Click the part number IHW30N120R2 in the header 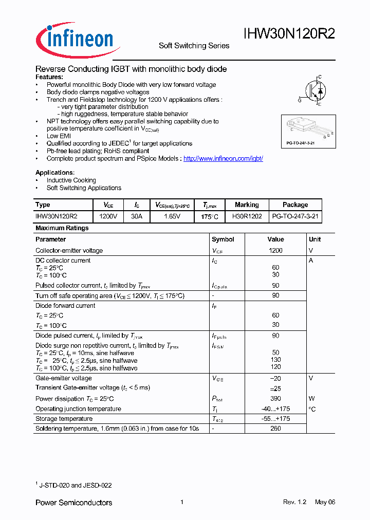coord(289,34)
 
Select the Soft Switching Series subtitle coord(194,46)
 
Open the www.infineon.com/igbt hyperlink coord(223,159)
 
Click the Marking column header coord(247,205)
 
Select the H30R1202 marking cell coord(247,217)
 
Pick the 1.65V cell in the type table coord(172,217)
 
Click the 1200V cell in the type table coord(108,217)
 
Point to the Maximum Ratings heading coord(62,228)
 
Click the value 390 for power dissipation coord(275,399)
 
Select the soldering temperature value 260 coord(275,429)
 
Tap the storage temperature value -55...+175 coord(275,419)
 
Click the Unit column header coord(315,239)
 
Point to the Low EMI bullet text coord(59,136)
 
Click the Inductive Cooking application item coord(71,180)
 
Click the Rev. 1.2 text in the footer coord(294,502)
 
